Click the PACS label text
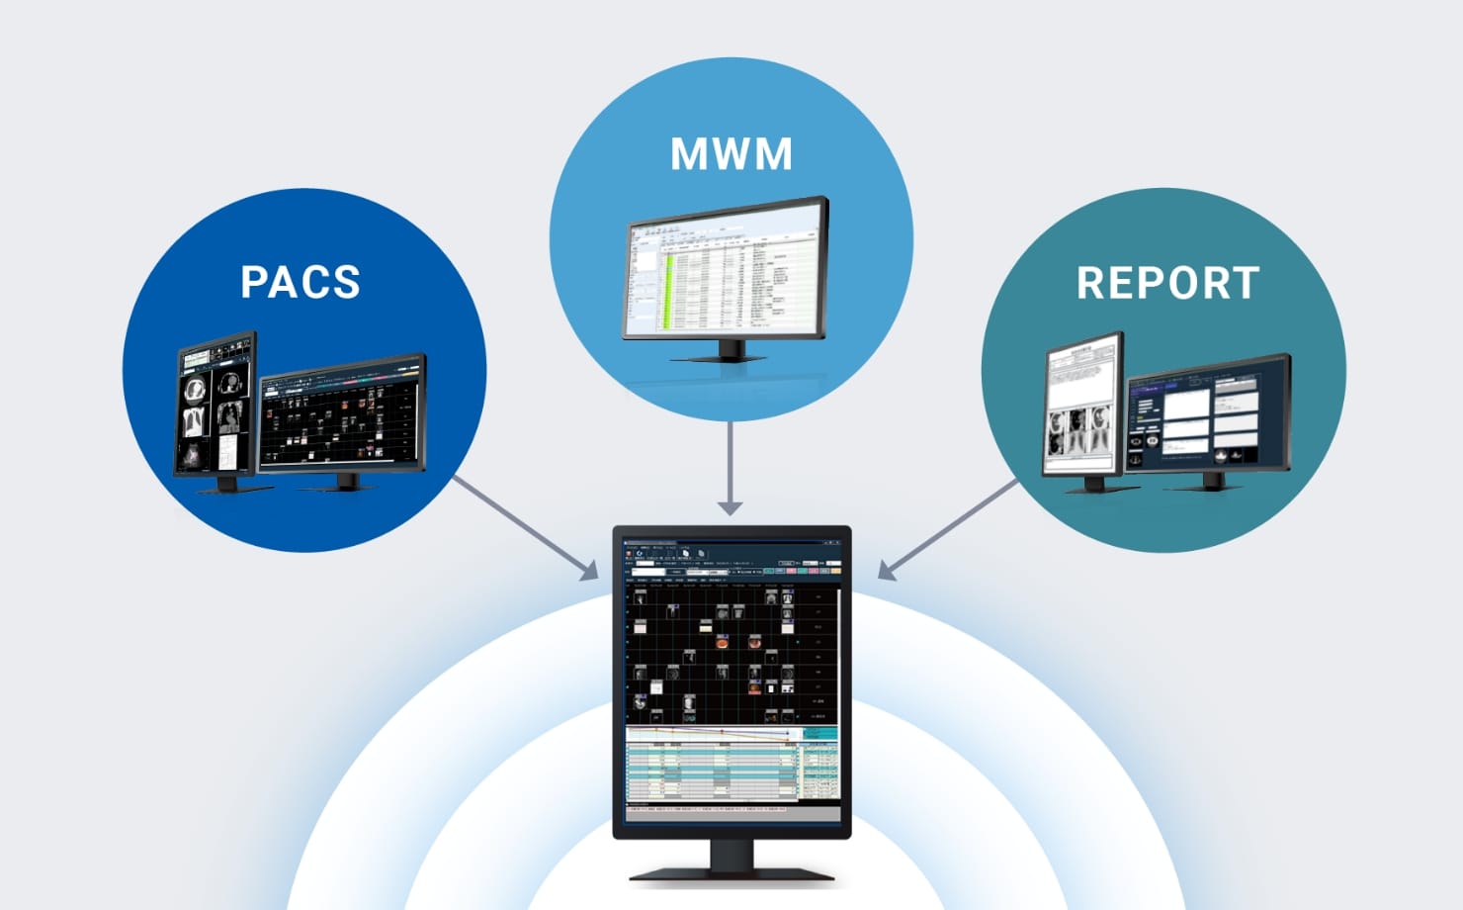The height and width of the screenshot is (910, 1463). (301, 282)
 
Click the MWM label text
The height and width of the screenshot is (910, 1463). (731, 154)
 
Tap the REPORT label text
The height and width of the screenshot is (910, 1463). (1167, 283)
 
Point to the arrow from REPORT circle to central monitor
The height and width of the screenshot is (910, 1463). (948, 528)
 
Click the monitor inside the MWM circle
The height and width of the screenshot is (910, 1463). (726, 272)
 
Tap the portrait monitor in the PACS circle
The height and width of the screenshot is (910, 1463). (215, 406)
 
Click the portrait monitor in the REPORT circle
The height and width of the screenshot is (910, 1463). (1083, 406)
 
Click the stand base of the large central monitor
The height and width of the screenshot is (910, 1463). (731, 872)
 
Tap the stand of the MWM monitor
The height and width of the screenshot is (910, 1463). (731, 351)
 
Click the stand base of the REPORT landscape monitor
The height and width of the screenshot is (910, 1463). (1212, 486)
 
